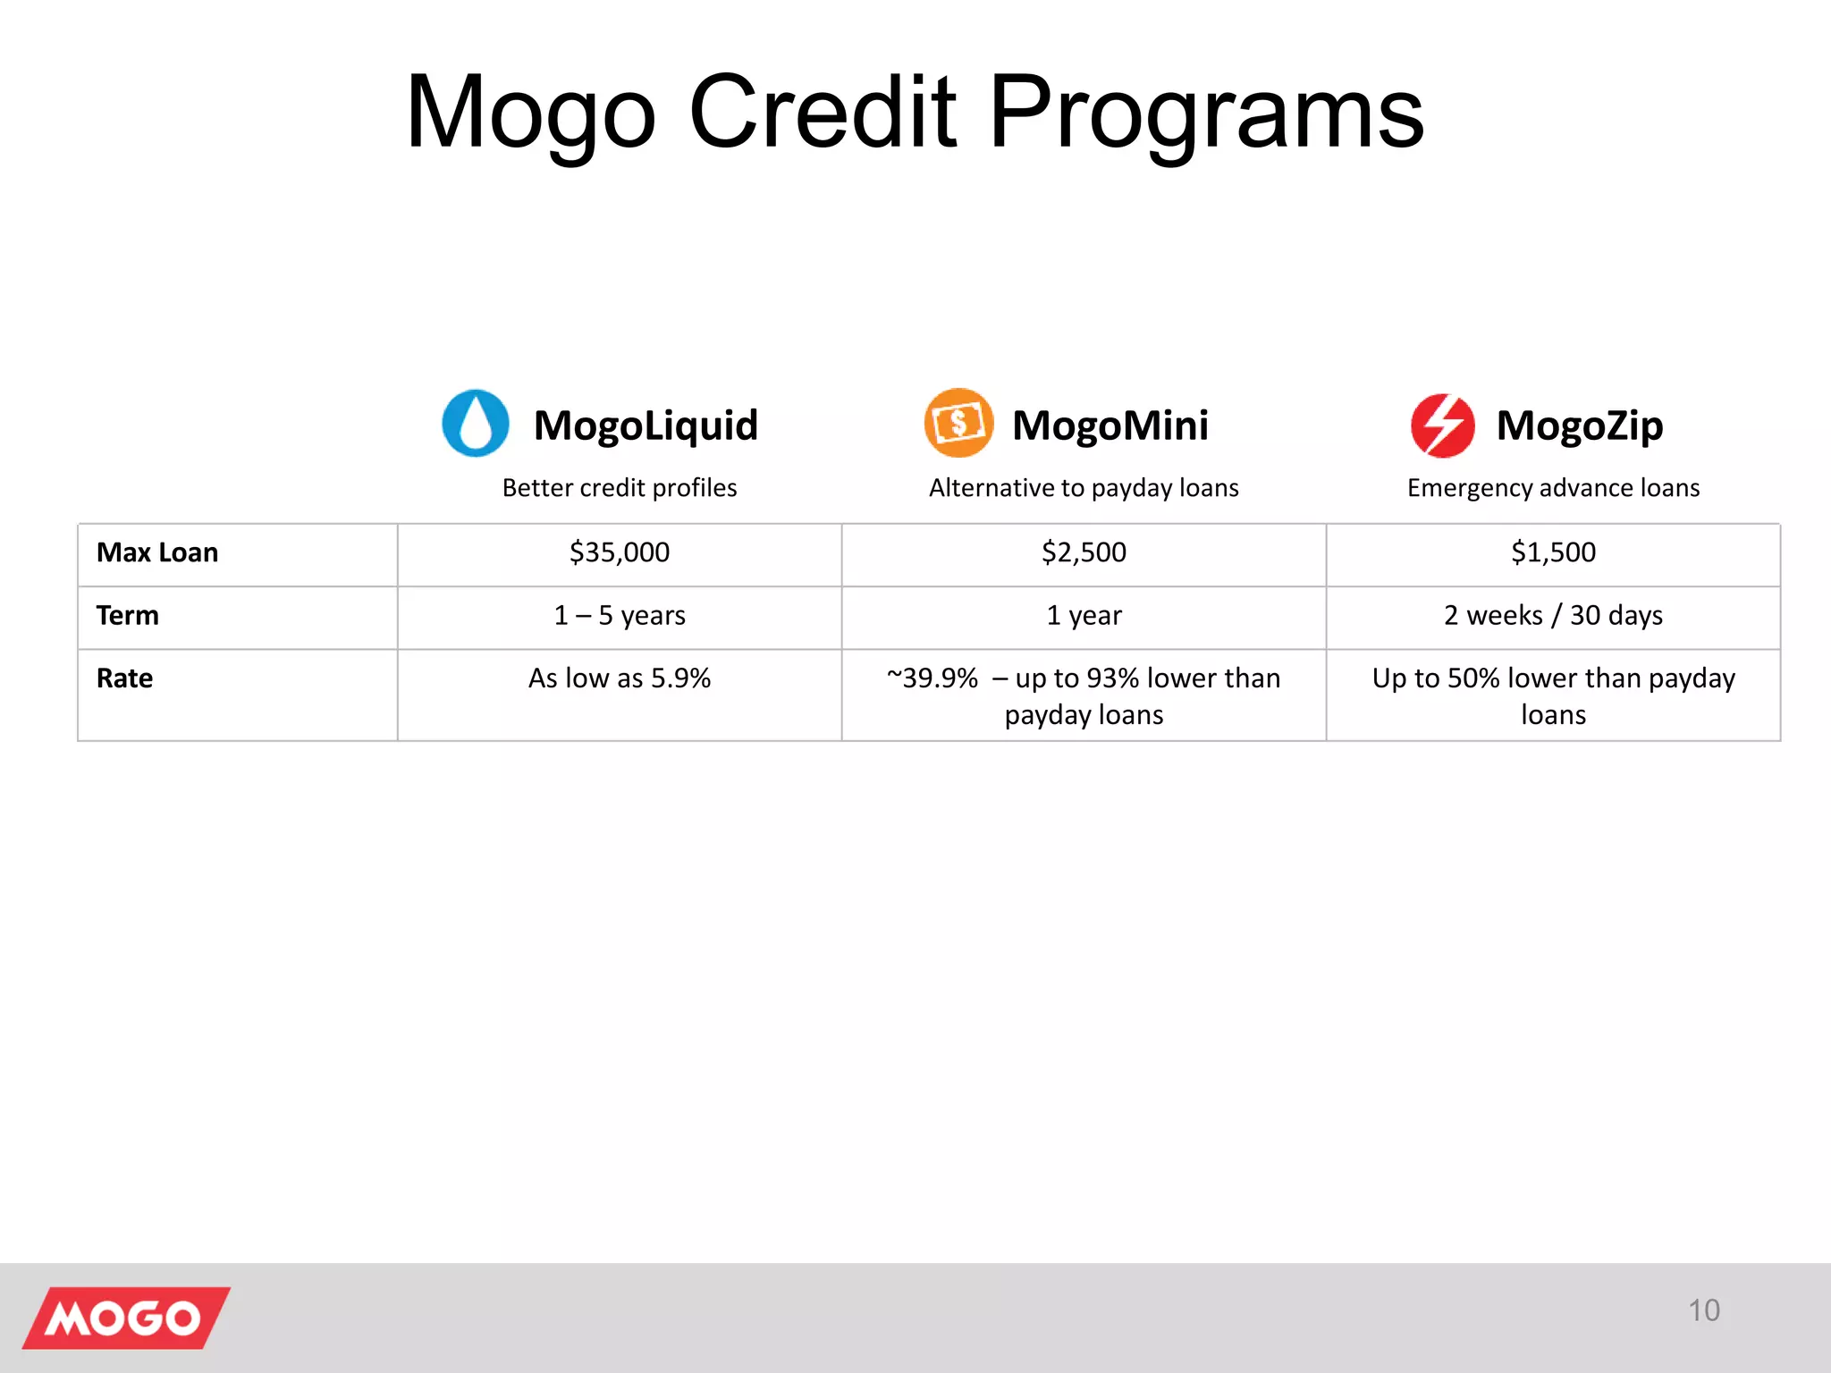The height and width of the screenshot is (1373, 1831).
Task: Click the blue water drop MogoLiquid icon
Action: coord(476,423)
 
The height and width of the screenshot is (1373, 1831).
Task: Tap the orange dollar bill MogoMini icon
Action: coord(958,423)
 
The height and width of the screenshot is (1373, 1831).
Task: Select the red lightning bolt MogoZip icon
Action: coord(1442,425)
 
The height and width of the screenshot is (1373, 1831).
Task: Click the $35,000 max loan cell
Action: coord(620,552)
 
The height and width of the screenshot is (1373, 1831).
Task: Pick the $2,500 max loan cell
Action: coord(1084,552)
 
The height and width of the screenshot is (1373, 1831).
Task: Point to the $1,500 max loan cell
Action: coord(1553,552)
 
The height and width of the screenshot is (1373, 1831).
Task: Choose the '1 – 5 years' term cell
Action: coord(620,616)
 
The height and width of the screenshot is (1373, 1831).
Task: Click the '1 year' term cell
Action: coord(1084,616)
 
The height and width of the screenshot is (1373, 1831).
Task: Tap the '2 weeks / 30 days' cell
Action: coord(1553,616)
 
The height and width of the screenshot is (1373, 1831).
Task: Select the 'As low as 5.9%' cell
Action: coord(620,678)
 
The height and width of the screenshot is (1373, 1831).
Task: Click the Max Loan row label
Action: coord(157,552)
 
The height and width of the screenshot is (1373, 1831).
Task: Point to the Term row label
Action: coord(128,616)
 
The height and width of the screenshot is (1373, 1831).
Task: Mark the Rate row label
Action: coord(125,678)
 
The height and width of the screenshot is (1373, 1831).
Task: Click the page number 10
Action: coord(1703,1310)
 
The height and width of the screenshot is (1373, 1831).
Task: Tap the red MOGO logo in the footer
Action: coord(125,1318)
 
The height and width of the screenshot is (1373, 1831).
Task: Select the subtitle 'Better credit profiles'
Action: coord(620,488)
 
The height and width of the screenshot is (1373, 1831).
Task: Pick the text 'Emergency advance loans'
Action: coord(1553,488)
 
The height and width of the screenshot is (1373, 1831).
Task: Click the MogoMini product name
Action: coord(1110,425)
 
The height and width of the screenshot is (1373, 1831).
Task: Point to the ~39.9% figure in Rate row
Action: coord(932,678)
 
